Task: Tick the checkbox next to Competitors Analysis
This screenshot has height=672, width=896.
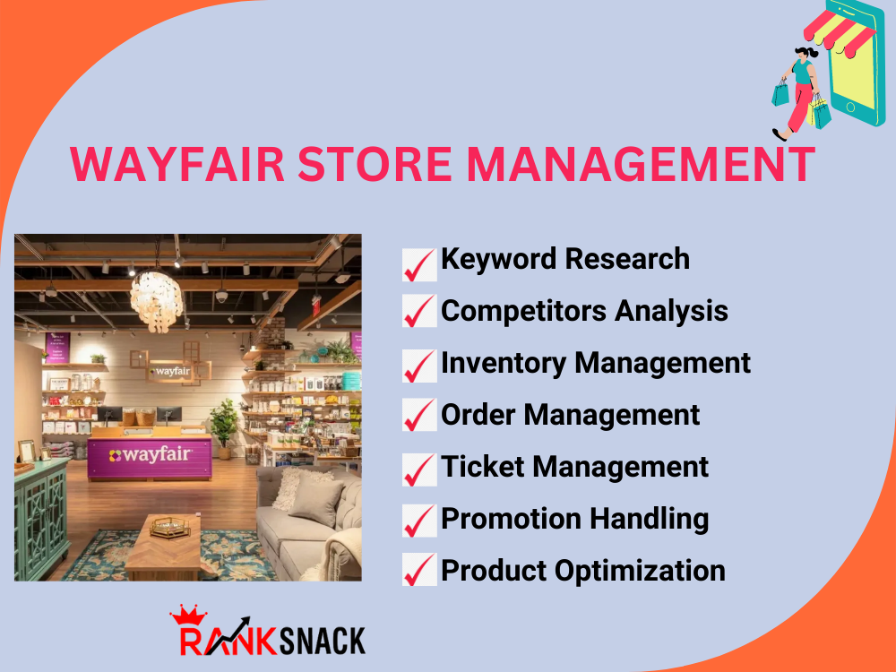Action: [419, 314]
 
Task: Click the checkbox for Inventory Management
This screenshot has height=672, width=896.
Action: [419, 366]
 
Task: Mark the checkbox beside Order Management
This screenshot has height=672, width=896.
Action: [419, 417]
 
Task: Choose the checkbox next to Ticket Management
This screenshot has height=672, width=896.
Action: [419, 469]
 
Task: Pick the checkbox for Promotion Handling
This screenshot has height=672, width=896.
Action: [419, 521]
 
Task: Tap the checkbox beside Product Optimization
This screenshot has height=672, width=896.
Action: [419, 571]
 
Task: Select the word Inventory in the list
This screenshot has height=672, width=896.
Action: [503, 363]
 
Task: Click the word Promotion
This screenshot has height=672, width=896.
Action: [512, 519]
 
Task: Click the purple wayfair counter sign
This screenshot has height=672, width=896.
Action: [150, 455]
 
